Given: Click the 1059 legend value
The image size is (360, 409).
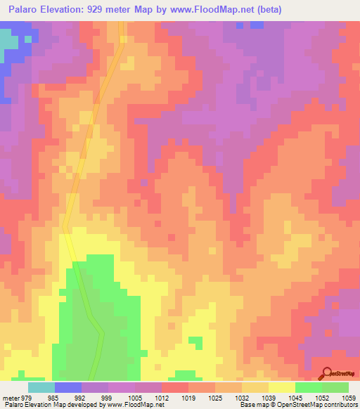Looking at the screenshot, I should click(x=349, y=397).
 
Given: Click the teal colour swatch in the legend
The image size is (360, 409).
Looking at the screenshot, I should click(x=41, y=387).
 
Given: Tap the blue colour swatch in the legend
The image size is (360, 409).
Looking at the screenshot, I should click(x=68, y=387).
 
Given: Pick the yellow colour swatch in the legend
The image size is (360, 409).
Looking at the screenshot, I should click(x=282, y=387).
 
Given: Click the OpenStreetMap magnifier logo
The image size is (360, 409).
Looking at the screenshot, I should click(x=327, y=372).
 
